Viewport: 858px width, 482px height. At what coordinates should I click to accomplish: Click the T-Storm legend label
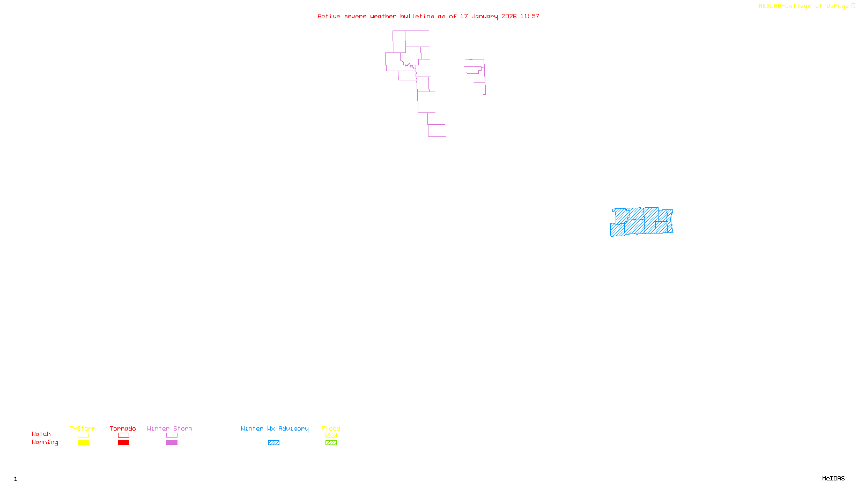pyautogui.click(x=83, y=428)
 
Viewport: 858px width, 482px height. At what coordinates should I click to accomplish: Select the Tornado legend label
pyautogui.click(x=123, y=428)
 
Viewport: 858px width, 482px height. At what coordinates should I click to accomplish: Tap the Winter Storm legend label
pyautogui.click(x=169, y=428)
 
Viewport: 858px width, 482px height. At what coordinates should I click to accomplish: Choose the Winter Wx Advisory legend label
pyautogui.click(x=275, y=428)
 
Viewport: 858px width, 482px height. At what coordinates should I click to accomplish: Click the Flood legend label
pyautogui.click(x=331, y=428)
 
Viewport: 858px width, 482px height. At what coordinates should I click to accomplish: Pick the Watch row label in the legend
pyautogui.click(x=41, y=434)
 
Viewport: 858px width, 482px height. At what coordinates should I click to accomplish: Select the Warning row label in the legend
pyautogui.click(x=45, y=442)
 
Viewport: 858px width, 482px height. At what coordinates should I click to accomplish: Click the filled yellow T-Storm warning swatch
pyautogui.click(x=83, y=443)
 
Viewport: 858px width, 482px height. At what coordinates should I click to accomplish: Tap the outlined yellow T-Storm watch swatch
pyautogui.click(x=83, y=435)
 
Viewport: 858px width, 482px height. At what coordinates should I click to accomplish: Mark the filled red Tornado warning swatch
pyautogui.click(x=123, y=443)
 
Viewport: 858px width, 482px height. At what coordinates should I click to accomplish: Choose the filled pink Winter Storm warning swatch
pyautogui.click(x=172, y=443)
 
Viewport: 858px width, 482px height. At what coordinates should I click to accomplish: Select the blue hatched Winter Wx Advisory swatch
pyautogui.click(x=273, y=443)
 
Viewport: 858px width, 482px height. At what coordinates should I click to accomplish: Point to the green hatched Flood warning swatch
pyautogui.click(x=331, y=443)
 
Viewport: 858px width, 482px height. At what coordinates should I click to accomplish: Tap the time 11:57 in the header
pyautogui.click(x=530, y=16)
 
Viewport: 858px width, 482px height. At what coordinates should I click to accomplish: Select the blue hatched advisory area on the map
pyautogui.click(x=641, y=222)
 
